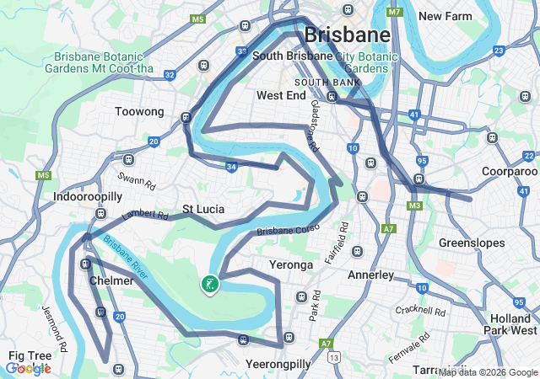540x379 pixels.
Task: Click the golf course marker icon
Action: [x=208, y=285]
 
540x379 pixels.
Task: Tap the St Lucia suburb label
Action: [x=202, y=209]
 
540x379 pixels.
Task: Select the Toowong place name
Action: [x=139, y=111]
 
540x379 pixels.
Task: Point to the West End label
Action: [x=280, y=96]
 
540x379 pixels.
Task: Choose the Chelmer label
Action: [x=111, y=280]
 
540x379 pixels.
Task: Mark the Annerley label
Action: [x=371, y=275]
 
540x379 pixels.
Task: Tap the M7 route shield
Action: [x=394, y=13]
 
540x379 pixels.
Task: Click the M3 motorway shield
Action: [x=413, y=206]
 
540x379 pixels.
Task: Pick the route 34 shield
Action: [x=231, y=167]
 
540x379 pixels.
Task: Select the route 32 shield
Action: [x=170, y=75]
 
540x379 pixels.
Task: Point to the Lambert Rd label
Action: [x=145, y=215]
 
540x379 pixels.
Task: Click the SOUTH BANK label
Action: [x=327, y=83]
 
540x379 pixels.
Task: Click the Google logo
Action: [x=29, y=368]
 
